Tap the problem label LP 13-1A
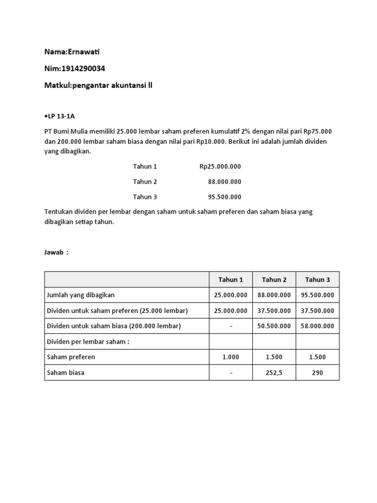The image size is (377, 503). [x=59, y=116]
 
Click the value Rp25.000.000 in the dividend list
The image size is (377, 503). [x=220, y=167]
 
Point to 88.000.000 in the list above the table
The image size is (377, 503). [x=224, y=182]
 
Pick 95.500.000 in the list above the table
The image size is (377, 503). [x=224, y=197]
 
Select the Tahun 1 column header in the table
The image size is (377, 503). [x=231, y=279]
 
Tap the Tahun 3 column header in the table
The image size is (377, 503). [x=318, y=279]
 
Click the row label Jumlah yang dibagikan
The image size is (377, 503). [x=81, y=295]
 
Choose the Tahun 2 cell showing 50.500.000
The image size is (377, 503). [x=274, y=326]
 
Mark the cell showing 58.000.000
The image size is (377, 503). [x=317, y=326]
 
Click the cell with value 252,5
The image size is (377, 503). [x=274, y=373]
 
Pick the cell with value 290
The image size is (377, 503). [x=317, y=373]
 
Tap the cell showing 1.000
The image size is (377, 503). [x=231, y=357]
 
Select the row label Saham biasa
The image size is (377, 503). [x=65, y=373]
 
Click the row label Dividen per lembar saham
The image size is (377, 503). [x=88, y=342]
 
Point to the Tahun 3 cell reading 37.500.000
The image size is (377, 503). [x=317, y=310]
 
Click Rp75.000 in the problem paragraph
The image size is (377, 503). [x=318, y=132]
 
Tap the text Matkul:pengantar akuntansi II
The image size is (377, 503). [x=99, y=85]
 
